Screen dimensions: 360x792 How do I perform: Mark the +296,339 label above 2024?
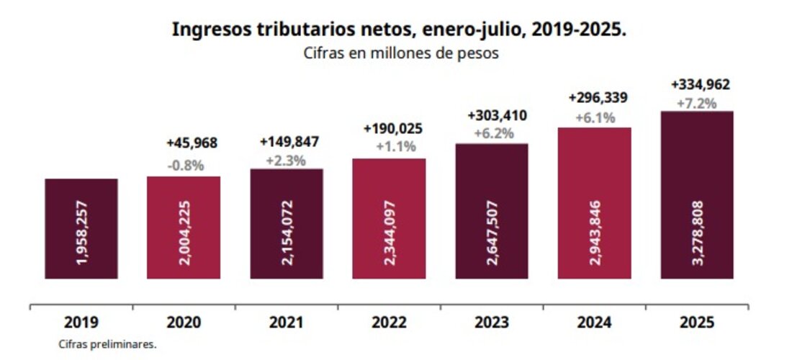(595, 97)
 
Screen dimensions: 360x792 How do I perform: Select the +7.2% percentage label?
(697, 103)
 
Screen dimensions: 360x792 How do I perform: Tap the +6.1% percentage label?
(595, 117)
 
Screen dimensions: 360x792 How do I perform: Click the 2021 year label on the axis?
(286, 322)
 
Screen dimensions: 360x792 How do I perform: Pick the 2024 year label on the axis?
(595, 322)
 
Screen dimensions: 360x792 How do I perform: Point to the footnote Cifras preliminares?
(107, 345)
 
